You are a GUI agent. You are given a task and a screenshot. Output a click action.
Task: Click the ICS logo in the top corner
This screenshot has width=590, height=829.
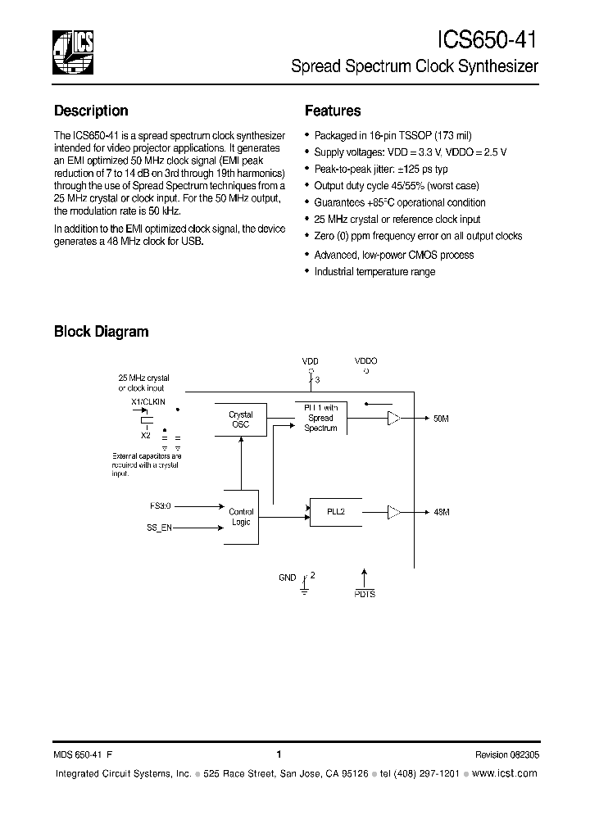[73, 51]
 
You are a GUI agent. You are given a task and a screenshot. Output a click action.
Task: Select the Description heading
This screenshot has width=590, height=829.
[91, 111]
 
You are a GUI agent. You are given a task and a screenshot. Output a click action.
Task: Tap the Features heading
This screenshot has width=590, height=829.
[333, 111]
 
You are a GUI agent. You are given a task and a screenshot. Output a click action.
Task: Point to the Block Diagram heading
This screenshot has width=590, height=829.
[101, 332]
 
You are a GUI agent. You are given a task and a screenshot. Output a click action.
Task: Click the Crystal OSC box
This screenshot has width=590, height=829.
[240, 419]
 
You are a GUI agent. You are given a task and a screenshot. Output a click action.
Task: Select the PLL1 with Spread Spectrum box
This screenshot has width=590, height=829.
[320, 418]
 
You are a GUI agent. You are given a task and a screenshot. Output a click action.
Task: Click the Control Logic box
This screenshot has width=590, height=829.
[241, 517]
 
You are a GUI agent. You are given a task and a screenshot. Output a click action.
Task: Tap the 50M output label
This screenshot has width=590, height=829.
[441, 419]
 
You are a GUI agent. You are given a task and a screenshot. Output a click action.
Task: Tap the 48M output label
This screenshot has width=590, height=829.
[441, 512]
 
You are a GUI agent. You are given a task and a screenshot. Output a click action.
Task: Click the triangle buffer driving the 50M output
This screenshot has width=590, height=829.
[394, 419]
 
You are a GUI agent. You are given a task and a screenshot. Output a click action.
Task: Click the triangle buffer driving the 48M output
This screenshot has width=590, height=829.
[394, 512]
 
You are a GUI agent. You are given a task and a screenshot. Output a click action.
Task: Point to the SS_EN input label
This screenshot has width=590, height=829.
[161, 529]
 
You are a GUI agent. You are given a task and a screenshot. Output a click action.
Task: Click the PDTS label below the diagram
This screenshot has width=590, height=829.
[365, 594]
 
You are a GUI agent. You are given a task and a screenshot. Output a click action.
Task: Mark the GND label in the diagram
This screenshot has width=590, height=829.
[287, 578]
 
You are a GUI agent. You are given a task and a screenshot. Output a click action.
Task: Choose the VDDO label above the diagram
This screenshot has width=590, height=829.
[365, 360]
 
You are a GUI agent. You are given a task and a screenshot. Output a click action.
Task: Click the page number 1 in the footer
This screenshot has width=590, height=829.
[279, 755]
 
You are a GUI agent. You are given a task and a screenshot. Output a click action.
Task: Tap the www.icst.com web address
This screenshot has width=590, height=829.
[506, 773]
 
